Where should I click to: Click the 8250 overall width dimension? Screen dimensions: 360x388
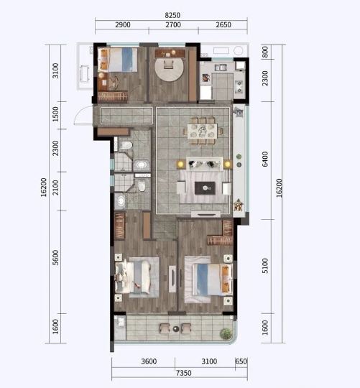tap(172, 15)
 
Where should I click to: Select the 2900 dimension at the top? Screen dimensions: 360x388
tap(123, 24)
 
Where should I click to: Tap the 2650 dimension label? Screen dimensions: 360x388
tap(223, 24)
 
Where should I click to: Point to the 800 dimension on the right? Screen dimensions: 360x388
tap(264, 52)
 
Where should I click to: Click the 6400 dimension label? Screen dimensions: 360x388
tap(264, 159)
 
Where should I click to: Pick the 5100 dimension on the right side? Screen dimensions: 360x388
tap(264, 266)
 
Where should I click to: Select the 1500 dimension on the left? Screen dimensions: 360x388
tap(55, 114)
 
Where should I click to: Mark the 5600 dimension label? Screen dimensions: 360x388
tap(55, 258)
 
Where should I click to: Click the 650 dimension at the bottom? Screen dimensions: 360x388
tap(241, 361)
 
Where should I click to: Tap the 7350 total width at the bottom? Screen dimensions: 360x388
tap(183, 373)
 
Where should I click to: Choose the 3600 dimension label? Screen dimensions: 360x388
tap(149, 361)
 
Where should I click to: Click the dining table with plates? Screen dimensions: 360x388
tap(203, 131)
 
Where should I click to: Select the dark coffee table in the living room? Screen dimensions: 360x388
tap(205, 188)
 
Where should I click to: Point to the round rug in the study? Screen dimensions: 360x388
tap(170, 67)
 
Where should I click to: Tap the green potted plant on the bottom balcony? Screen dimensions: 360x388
tap(226, 334)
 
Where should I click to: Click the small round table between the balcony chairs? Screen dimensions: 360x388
tap(176, 329)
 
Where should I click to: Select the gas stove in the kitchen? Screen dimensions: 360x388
tap(239, 86)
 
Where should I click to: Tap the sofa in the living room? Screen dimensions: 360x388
tap(204, 163)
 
